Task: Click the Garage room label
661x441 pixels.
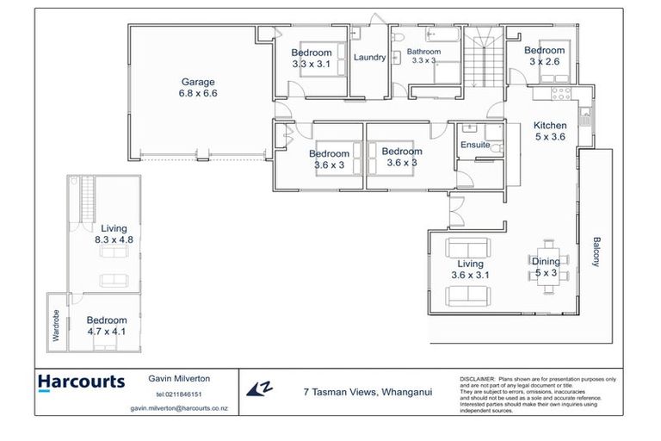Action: pos(198,88)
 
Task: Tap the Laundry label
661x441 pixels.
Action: pos(370,58)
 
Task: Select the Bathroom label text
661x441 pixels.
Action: pos(423,52)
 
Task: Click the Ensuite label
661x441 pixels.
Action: pos(474,145)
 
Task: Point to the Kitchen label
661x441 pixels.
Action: pos(550,130)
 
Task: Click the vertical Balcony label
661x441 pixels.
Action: pos(596,252)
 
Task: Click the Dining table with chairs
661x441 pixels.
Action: pos(546,267)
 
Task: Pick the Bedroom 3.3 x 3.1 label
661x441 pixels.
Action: pos(311,59)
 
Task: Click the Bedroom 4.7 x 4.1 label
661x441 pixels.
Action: pos(107,326)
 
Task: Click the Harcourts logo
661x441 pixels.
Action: pos(82,382)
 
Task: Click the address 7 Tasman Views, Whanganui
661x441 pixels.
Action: pos(368,391)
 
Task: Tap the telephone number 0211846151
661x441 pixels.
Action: pos(178,394)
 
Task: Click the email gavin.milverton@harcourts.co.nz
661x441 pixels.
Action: pos(178,409)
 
